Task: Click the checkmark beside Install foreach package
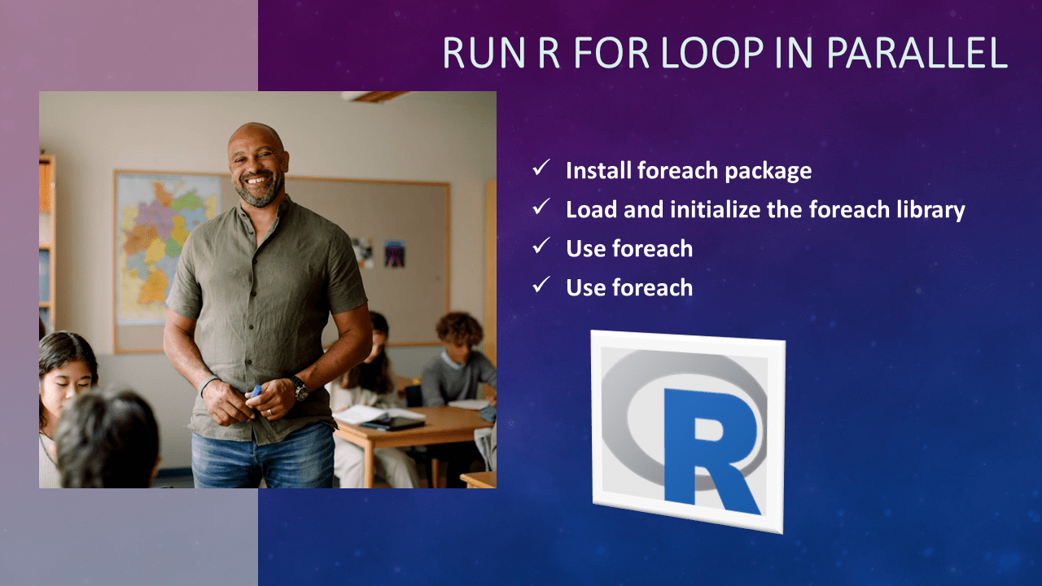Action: (541, 168)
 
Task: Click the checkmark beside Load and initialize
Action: (541, 208)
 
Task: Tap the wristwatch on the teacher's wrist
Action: (300, 387)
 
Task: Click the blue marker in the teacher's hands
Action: (256, 391)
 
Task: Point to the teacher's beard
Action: (260, 193)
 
